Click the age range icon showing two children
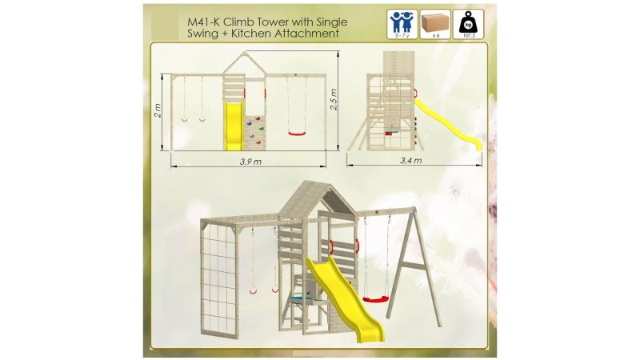click(x=402, y=25)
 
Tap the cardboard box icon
click(x=435, y=25)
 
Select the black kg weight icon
click(x=468, y=25)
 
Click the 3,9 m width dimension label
click(x=250, y=162)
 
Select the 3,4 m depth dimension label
click(x=410, y=161)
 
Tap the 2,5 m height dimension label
click(x=334, y=99)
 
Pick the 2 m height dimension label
click(x=158, y=110)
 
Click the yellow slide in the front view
click(x=234, y=126)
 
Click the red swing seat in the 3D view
click(x=375, y=300)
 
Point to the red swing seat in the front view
click(x=297, y=134)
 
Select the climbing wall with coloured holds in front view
click(x=254, y=133)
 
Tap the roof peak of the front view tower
click(x=245, y=53)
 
